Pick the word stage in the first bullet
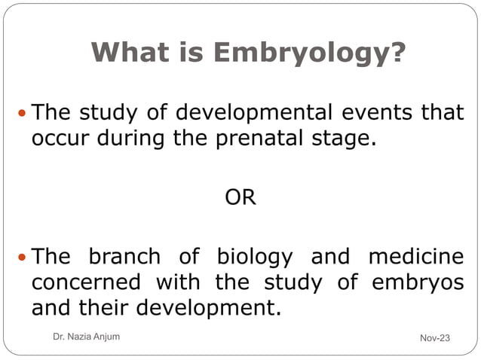click(x=348, y=140)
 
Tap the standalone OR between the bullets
click(x=240, y=198)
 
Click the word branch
click(x=124, y=257)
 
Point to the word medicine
click(x=416, y=257)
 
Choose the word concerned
click(x=86, y=282)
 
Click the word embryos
click(x=418, y=283)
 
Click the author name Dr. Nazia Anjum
click(x=82, y=337)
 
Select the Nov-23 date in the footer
click(x=434, y=337)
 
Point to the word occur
click(x=57, y=139)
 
